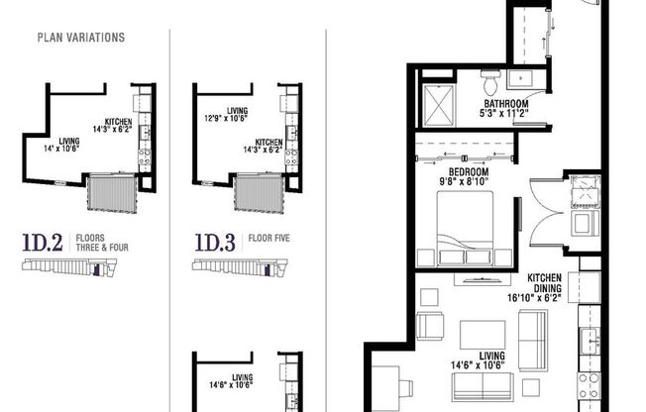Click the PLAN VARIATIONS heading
[80, 38]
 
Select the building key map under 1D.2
[69, 266]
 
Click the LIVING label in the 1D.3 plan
[237, 111]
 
